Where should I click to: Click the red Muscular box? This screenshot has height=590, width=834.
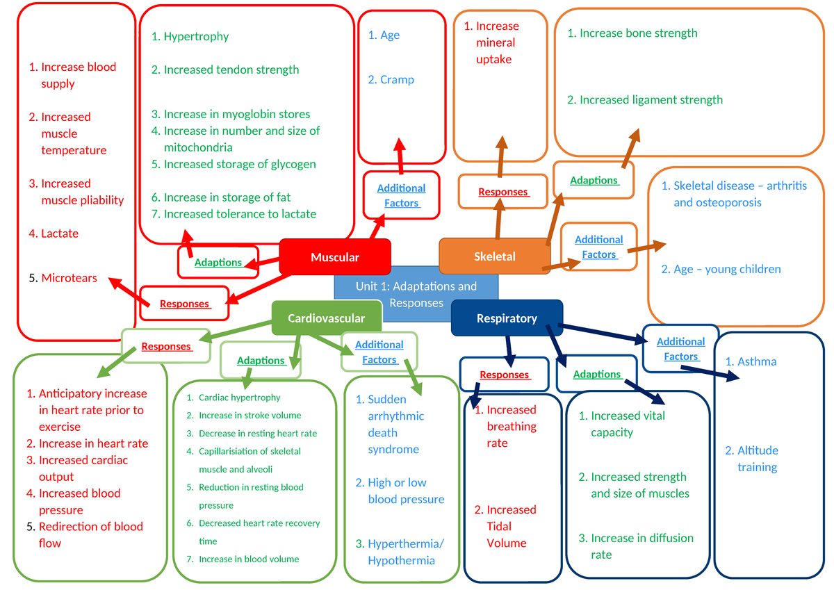335,257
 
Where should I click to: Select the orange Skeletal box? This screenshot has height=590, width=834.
494,256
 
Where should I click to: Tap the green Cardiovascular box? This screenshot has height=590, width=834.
326,318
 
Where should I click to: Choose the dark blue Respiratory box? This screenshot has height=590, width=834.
507,318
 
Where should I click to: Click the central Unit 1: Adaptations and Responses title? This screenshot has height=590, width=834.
416,295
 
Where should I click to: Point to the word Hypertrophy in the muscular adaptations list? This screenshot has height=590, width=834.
196,36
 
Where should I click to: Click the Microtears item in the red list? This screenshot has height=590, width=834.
69,278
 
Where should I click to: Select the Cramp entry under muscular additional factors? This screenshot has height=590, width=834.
397,80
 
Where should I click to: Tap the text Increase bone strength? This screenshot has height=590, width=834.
638,33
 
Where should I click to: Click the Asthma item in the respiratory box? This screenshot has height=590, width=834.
757,361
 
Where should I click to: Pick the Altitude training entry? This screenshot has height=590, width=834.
757,459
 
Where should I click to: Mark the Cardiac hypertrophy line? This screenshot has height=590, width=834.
239,398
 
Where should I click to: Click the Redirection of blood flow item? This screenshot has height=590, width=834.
90,534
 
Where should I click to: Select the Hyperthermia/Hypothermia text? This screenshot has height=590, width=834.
405,552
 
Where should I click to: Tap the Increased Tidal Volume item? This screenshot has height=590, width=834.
511,526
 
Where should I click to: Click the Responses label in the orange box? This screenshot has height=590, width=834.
503,192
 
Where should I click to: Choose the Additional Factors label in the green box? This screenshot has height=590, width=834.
379,352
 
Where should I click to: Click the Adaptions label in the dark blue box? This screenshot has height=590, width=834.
596,374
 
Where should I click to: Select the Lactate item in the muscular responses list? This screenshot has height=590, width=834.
60,233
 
